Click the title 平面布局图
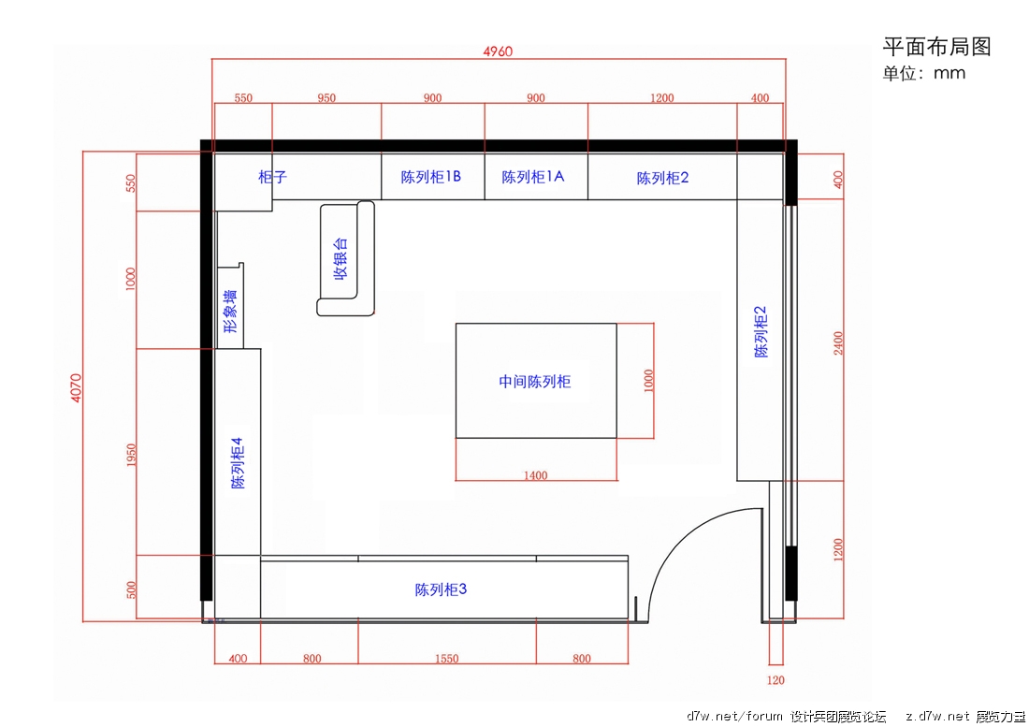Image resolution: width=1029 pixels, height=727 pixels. tap(936, 47)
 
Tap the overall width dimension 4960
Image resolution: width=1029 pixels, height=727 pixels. tap(498, 51)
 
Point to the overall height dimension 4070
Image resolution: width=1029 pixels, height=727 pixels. tap(76, 387)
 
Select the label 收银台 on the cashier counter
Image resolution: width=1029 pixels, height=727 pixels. tap(340, 258)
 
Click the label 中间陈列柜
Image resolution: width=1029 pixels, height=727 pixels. tap(535, 381)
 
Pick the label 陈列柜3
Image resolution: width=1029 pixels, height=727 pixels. tap(441, 589)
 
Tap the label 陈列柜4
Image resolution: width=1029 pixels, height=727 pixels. tap(237, 462)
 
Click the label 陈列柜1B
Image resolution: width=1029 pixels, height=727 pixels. tap(430, 177)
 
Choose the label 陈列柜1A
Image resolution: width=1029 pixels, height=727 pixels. tap(532, 177)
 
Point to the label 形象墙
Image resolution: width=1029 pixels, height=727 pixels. tap(230, 311)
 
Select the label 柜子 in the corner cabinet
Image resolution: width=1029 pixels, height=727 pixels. tap(272, 177)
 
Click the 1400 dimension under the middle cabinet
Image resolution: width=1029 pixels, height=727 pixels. tap(535, 475)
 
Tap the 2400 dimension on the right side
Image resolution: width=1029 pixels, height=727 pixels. tap(838, 343)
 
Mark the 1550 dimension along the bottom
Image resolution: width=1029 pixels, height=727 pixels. tap(447, 658)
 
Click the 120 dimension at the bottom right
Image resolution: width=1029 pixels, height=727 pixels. tap(775, 680)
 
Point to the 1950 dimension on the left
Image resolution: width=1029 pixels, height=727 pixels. tap(131, 456)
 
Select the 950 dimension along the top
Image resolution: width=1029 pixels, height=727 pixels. tap(326, 97)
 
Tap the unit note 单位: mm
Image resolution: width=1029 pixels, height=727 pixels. tap(924, 73)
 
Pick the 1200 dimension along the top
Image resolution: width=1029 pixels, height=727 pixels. tap(661, 97)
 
